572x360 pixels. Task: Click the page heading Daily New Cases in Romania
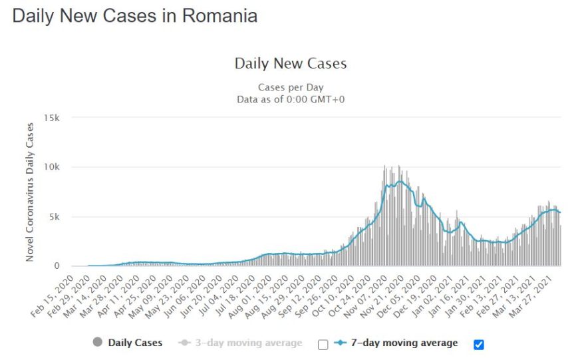pyautogui.click(x=135, y=17)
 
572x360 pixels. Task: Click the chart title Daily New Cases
pyautogui.click(x=291, y=63)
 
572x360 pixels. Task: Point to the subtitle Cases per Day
pyautogui.click(x=291, y=87)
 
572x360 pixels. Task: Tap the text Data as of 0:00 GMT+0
pyautogui.click(x=291, y=99)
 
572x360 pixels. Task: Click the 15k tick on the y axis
pyautogui.click(x=52, y=118)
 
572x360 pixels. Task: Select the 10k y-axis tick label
pyautogui.click(x=52, y=167)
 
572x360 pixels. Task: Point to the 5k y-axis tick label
pyautogui.click(x=54, y=217)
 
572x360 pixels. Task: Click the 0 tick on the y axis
pyautogui.click(x=57, y=266)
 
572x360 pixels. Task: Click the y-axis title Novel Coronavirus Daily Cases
pyautogui.click(x=29, y=192)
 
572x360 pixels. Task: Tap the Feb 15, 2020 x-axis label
pyautogui.click(x=53, y=296)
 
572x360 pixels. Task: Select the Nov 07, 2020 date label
pyautogui.click(x=366, y=296)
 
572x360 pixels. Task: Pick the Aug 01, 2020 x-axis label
pyautogui.click(x=251, y=296)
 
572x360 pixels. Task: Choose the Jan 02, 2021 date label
pyautogui.click(x=432, y=296)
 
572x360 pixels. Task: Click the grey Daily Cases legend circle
pyautogui.click(x=97, y=342)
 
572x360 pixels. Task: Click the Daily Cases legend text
pyautogui.click(x=135, y=343)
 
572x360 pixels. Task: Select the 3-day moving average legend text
pyautogui.click(x=249, y=343)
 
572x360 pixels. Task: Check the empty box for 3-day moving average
pyautogui.click(x=323, y=344)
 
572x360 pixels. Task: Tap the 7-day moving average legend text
pyautogui.click(x=404, y=343)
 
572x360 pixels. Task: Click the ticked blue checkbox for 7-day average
pyautogui.click(x=479, y=344)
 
